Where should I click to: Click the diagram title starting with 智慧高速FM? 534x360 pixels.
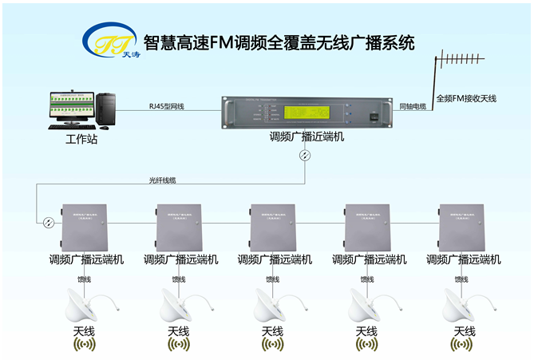click(279, 42)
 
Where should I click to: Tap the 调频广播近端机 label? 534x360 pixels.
click(307, 137)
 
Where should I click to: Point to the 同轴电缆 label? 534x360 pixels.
click(412, 106)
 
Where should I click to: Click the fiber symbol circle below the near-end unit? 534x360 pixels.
click(303, 155)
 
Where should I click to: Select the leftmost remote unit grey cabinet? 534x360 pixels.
click(84, 226)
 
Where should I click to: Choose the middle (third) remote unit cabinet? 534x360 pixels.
click(273, 226)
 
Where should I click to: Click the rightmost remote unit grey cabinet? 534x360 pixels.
click(461, 226)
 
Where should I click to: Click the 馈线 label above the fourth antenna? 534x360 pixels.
click(366, 279)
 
